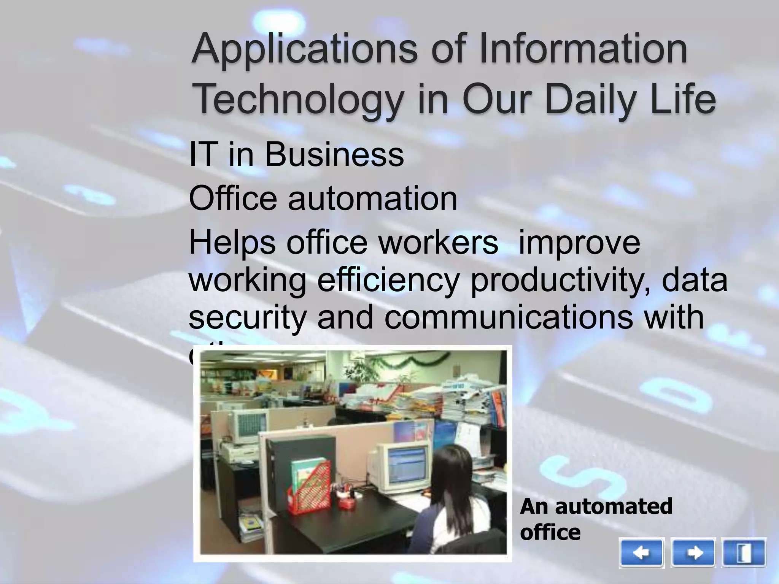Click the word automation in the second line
372,198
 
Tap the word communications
506,317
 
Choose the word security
247,317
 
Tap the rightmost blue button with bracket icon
744,552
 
